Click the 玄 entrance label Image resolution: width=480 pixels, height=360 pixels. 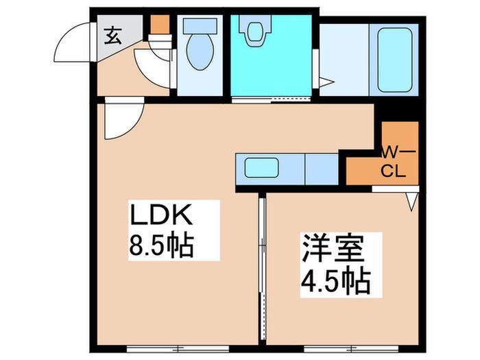113,36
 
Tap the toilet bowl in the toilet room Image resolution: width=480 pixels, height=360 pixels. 200,51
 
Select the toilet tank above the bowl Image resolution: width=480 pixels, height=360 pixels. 200,26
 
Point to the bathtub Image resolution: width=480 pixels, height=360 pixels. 395,60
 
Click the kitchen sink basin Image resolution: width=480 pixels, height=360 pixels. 262,167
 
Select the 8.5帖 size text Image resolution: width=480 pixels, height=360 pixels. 161,245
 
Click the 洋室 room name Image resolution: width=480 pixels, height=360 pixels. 333,248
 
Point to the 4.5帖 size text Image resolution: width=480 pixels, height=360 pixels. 336,282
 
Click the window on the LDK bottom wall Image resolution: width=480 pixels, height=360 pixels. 178,348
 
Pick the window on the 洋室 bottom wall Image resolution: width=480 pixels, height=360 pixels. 351,348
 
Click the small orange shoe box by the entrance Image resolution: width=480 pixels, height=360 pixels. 160,24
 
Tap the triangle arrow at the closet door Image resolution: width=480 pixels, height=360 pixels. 412,201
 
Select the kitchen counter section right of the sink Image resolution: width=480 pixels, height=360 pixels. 322,169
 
